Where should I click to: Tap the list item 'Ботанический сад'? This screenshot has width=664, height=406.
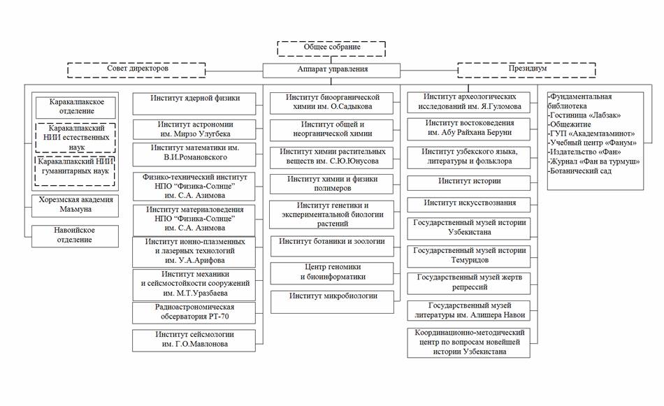pyautogui.click(x=579, y=171)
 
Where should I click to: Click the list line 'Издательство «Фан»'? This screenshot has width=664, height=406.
pyautogui.click(x=584, y=152)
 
